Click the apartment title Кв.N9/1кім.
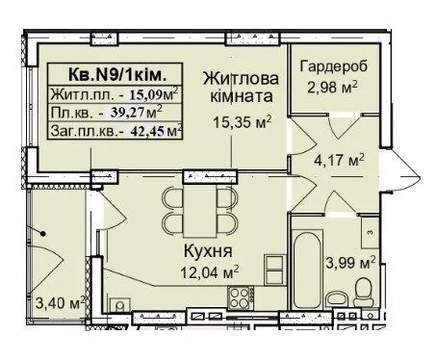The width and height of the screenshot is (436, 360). pyautogui.click(x=117, y=75)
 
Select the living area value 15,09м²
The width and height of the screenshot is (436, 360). pyautogui.click(x=154, y=94)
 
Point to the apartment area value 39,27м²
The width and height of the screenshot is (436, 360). pyautogui.click(x=137, y=112)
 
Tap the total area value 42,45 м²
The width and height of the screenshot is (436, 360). pyautogui.click(x=157, y=131)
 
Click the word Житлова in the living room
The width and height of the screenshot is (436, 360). pyautogui.click(x=241, y=79)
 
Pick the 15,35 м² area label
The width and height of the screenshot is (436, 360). pyautogui.click(x=243, y=122)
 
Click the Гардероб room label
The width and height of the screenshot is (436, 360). pyautogui.click(x=334, y=66)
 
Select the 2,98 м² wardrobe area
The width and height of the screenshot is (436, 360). pyautogui.click(x=332, y=87)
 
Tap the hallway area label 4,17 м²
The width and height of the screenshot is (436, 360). pyautogui.click(x=339, y=160)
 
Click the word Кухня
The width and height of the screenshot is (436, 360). pyautogui.click(x=208, y=251)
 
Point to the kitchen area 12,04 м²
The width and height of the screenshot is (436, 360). pyautogui.click(x=210, y=272)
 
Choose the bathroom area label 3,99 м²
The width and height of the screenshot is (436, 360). pyautogui.click(x=350, y=263)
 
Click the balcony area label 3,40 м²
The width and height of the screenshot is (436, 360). pyautogui.click(x=61, y=302)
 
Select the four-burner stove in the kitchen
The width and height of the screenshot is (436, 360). pyautogui.click(x=241, y=297)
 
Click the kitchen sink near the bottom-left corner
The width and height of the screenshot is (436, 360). pyautogui.click(x=119, y=304)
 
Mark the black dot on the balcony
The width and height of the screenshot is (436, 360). pyautogui.click(x=42, y=234)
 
